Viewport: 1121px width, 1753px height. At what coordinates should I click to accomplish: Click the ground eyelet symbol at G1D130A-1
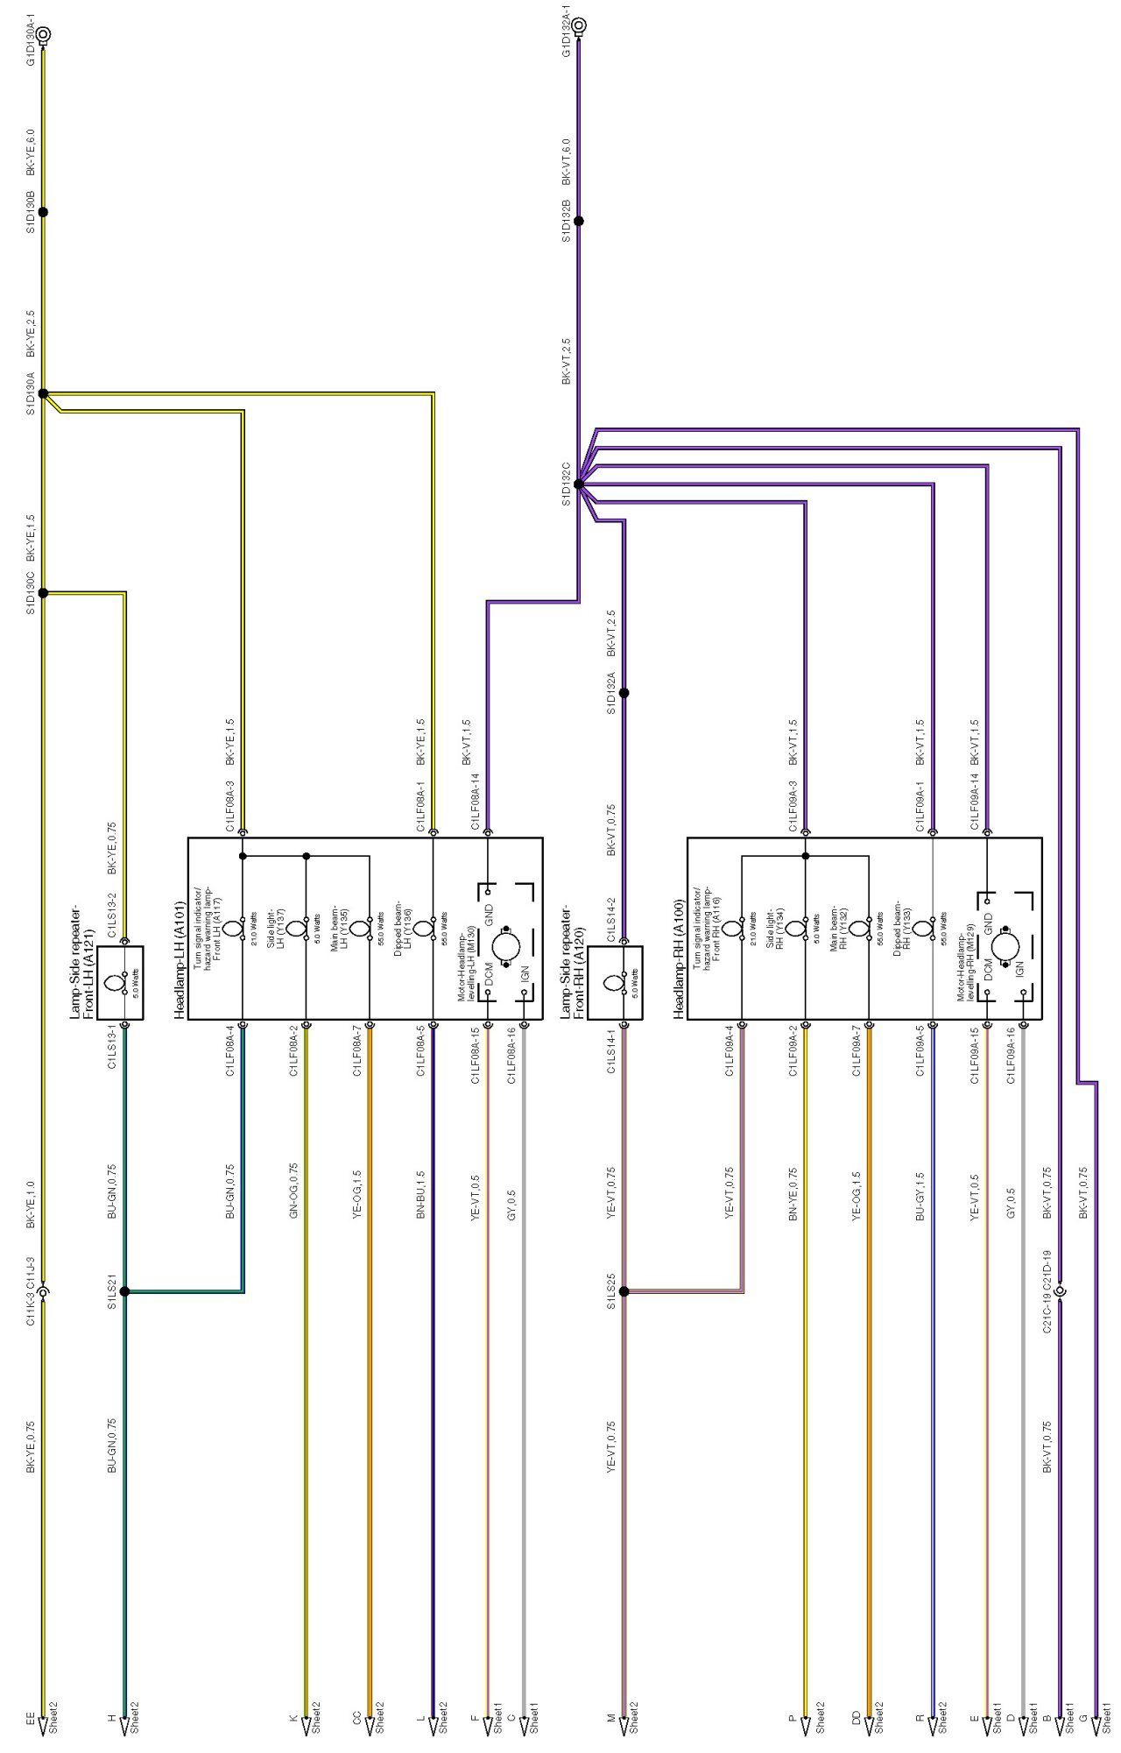point(43,35)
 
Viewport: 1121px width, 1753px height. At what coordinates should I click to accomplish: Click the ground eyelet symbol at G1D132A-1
point(578,25)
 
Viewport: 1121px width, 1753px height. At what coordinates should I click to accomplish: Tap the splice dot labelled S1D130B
point(43,212)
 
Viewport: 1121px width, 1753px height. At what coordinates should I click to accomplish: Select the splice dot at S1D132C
point(578,484)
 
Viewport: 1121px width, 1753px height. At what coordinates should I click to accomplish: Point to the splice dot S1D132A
point(624,693)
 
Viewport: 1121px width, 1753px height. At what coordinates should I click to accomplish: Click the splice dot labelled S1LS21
point(124,1291)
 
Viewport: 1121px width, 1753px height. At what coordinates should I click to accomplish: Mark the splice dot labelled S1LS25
point(624,1291)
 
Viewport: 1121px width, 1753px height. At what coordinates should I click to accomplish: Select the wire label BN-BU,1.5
point(421,1195)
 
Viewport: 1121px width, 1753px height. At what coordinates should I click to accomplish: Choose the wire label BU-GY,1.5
point(920,1197)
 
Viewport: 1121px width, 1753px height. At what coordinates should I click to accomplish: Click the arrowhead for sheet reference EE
point(43,1725)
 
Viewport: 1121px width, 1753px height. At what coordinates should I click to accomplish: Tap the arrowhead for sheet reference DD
point(869,1725)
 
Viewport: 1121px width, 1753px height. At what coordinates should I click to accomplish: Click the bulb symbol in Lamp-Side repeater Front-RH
point(613,983)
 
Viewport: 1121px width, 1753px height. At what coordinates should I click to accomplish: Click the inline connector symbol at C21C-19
point(1060,1291)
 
